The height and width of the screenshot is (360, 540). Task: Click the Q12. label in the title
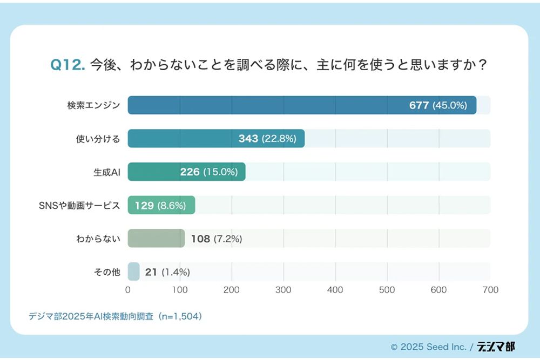(x=67, y=65)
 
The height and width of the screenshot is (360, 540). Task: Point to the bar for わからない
(x=156, y=238)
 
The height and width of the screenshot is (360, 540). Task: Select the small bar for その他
(x=133, y=271)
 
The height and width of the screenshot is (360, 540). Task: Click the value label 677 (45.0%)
(x=437, y=105)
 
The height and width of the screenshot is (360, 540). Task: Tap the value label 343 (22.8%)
(x=267, y=139)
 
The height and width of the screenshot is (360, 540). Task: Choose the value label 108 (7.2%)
(x=216, y=239)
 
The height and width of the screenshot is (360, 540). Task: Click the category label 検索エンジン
(x=97, y=105)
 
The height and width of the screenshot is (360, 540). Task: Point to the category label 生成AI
(x=106, y=172)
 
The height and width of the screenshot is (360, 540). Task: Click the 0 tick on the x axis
(x=128, y=290)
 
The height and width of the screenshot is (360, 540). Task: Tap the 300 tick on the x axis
(x=283, y=290)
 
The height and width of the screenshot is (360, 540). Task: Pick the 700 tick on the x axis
(x=490, y=290)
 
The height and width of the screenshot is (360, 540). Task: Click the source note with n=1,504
(x=115, y=316)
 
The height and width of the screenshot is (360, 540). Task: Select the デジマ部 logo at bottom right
(x=496, y=347)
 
